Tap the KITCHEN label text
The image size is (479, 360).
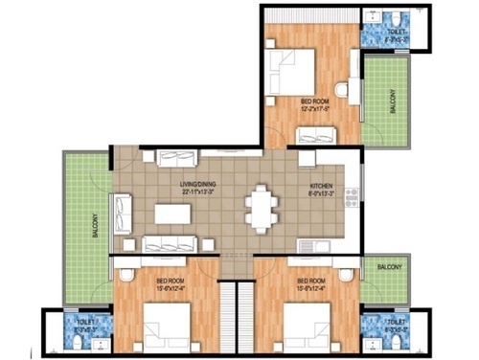pyautogui.click(x=321, y=188)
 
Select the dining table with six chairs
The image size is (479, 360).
pyautogui.click(x=261, y=208)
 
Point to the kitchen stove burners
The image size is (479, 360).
pyautogui.click(x=350, y=196)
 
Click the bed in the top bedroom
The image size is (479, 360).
pyautogui.click(x=289, y=73)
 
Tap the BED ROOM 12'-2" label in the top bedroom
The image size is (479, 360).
pyautogui.click(x=316, y=104)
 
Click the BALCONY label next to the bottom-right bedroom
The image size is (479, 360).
pyautogui.click(x=389, y=266)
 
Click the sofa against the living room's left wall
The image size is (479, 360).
pyautogui.click(x=123, y=213)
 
